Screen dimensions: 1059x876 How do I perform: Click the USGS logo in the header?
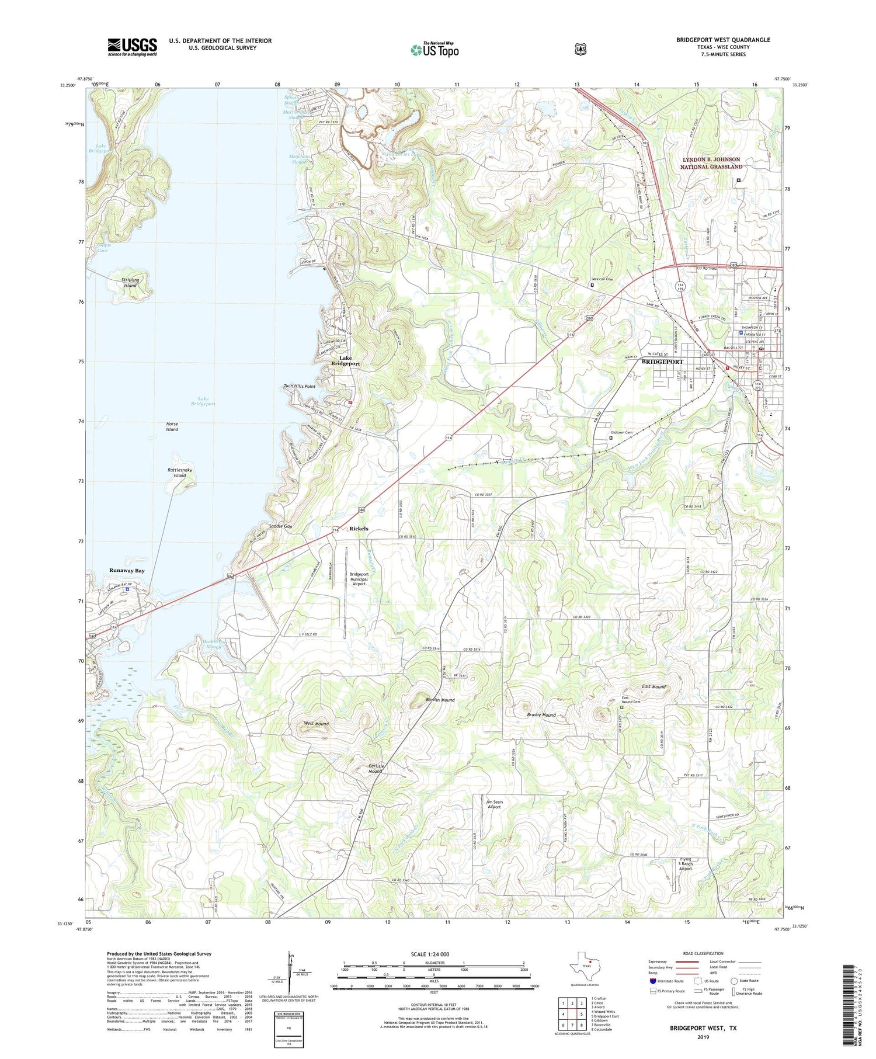[x=132, y=47]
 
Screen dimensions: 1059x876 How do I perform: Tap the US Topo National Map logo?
[x=434, y=50]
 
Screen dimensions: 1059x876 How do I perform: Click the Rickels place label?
[x=359, y=529]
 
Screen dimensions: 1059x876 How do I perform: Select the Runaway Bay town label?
[x=127, y=570]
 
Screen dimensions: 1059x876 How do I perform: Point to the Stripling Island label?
[x=130, y=283]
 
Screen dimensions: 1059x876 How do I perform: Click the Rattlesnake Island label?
[x=180, y=473]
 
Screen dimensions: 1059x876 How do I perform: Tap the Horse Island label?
[x=172, y=426]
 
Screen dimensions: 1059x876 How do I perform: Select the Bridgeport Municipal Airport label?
[x=359, y=578]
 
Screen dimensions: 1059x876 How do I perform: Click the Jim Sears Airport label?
[x=494, y=804]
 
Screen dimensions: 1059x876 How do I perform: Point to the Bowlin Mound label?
[x=440, y=700]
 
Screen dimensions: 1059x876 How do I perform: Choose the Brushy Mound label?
[x=541, y=715]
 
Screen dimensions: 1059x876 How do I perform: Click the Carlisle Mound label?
[x=375, y=768]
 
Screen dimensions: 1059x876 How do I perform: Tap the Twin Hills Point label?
[x=299, y=386]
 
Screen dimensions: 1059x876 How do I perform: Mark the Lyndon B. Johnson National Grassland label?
[x=711, y=163]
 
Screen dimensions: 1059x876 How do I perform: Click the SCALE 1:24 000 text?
[x=434, y=954]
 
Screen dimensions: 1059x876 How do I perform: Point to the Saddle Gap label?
[x=280, y=526]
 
